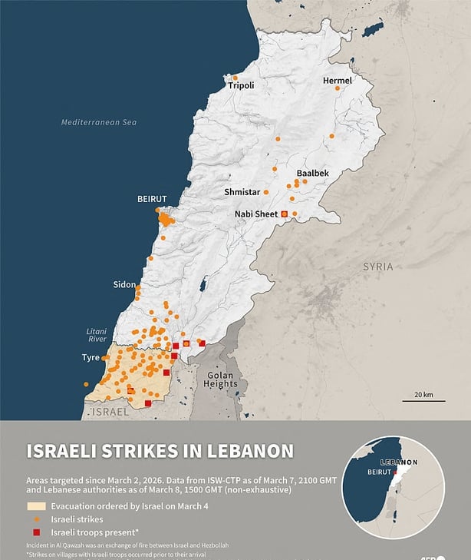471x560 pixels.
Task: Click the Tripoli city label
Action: (x=241, y=86)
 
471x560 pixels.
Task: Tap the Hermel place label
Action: (x=337, y=80)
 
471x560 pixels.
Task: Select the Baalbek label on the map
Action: (x=312, y=174)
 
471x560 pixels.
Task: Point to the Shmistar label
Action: (x=242, y=192)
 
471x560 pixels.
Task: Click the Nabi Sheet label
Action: (x=257, y=214)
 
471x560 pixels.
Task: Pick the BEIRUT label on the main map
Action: (x=152, y=199)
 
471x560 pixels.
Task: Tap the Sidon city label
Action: (x=124, y=284)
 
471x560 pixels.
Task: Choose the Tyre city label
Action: (x=91, y=358)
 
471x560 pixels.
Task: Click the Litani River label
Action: (x=97, y=334)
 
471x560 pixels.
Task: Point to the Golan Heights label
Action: (x=220, y=379)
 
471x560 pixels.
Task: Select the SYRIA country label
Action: (x=377, y=267)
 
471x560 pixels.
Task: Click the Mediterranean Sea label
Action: (x=99, y=122)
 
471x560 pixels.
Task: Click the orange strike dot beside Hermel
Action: (x=337, y=89)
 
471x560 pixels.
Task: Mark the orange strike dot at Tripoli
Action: (x=235, y=78)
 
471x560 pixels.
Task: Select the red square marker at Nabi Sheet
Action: (x=285, y=214)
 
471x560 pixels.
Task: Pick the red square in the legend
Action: (x=36, y=532)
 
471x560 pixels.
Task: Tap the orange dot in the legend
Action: (x=36, y=519)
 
